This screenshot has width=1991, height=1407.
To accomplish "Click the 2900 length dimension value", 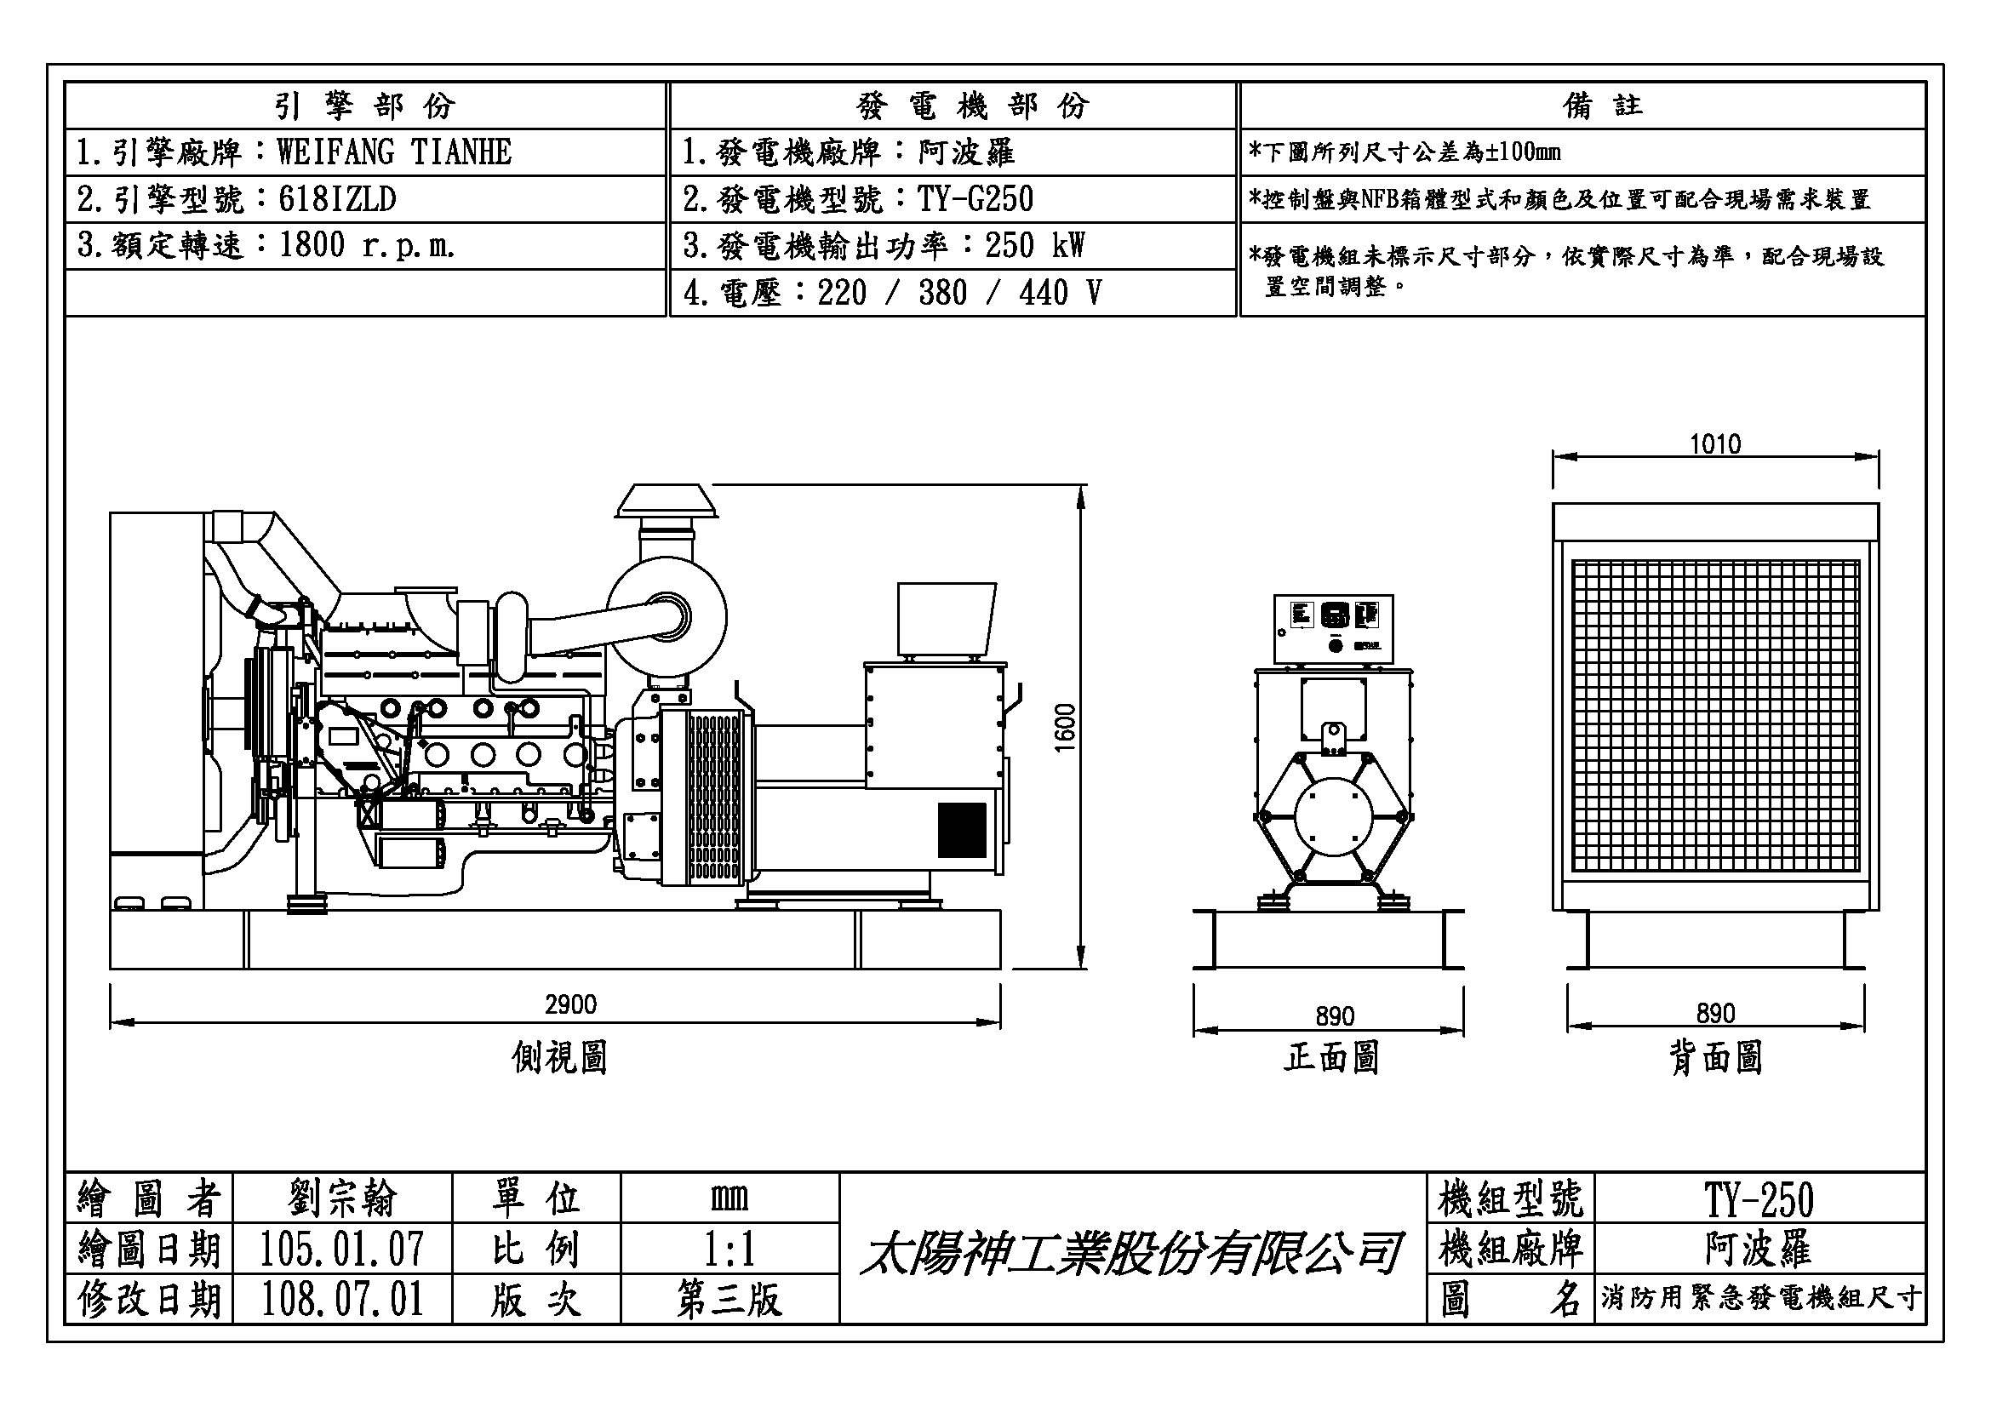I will coord(570,1004).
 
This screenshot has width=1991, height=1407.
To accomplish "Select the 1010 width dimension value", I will coord(1714,443).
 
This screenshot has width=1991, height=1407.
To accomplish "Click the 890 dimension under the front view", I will coord(1335,1016).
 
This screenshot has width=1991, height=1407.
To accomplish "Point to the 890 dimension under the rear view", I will coord(1715,1014).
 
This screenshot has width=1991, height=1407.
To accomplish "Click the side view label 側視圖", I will coord(559,1058).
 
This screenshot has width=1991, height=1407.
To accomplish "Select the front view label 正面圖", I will coord(1331,1058).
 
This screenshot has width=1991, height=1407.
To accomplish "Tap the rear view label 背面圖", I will coord(1715,1058).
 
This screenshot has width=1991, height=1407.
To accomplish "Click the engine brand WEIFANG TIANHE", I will coord(394,152).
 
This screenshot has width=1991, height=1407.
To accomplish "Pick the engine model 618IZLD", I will coord(337,199).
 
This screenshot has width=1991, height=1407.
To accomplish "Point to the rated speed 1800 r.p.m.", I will coord(367,246).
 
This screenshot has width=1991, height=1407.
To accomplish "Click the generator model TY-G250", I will coord(975,199).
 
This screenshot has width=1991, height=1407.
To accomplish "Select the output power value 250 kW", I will coord(1034,246).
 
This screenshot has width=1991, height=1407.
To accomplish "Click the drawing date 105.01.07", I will coord(341,1250).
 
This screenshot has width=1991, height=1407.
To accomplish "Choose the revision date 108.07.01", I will coord(341,1300).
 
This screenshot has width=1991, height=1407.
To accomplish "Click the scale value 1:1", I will coord(729,1250).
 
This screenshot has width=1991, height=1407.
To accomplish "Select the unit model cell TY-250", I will coord(1759,1200).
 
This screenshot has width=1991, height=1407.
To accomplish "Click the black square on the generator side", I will coord(962,830).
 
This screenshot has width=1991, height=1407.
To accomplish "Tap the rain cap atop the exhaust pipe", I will coord(666,501).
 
